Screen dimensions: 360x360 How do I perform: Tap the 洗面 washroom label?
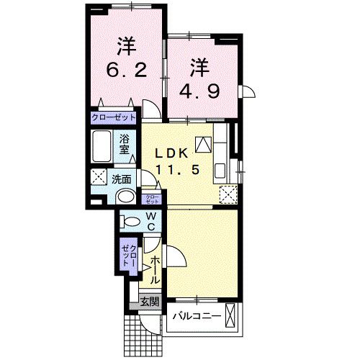[120, 179]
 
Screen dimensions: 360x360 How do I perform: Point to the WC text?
[153, 222]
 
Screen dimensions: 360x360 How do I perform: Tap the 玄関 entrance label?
[148, 302]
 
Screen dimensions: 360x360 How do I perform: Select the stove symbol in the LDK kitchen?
[203, 143]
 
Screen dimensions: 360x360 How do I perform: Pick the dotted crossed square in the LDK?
[228, 193]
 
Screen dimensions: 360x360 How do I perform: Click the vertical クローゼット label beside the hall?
[128, 253]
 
